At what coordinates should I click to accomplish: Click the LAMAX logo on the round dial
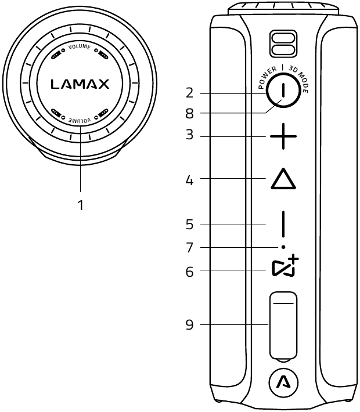(80, 84)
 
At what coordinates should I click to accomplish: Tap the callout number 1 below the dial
(81, 205)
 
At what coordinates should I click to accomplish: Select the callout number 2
(189, 93)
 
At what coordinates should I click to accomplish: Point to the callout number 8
(189, 114)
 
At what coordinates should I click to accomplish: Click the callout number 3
(189, 134)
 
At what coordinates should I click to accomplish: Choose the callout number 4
(189, 180)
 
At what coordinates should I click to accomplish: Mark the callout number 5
(189, 225)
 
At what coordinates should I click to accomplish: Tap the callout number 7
(189, 248)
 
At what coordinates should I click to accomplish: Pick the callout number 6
(189, 272)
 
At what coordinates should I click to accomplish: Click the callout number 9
(189, 324)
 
